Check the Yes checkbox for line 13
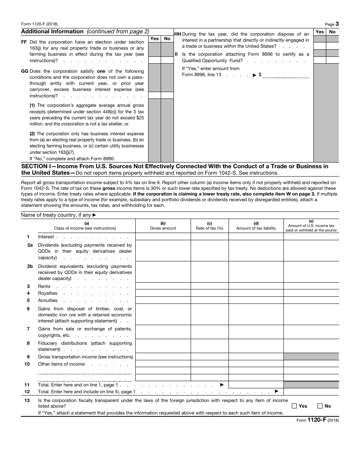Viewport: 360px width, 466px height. (294, 406)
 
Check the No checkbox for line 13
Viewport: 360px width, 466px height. (320, 406)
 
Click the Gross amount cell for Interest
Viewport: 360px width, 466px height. (163, 237)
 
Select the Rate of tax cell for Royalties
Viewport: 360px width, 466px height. (209, 293)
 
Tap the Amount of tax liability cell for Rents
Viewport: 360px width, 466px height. (256, 286)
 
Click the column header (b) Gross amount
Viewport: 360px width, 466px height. (163, 226)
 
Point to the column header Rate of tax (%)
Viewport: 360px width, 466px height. (209, 228)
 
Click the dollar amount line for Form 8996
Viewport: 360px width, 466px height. (286, 75)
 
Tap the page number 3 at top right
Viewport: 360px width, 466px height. (337, 24)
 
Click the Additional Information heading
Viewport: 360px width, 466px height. (52, 32)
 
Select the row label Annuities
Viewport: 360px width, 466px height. (47, 300)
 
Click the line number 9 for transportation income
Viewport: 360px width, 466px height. (28, 357)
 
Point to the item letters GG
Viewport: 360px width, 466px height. (25, 71)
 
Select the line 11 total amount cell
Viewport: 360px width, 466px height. (256, 385)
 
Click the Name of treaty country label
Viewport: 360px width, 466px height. (56, 215)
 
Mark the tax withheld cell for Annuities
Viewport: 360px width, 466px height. (311, 300)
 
